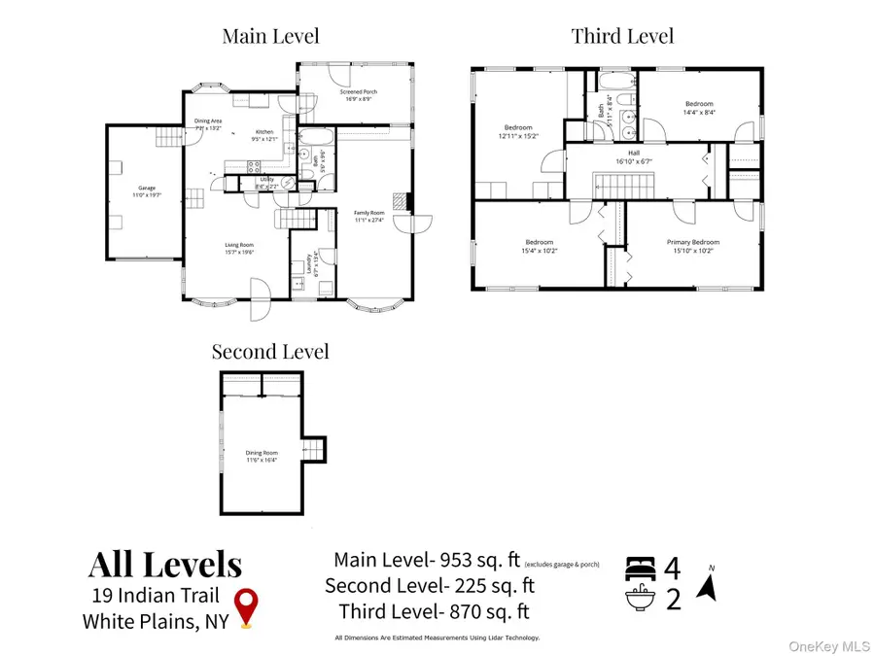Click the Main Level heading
pyautogui.click(x=270, y=37)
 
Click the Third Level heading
pyautogui.click(x=622, y=37)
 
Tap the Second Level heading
pyautogui.click(x=271, y=351)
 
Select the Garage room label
pyautogui.click(x=146, y=191)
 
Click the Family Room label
pyautogui.click(x=367, y=216)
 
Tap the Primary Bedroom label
pyautogui.click(x=692, y=245)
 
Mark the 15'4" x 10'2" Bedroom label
pyautogui.click(x=539, y=245)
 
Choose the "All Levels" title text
pyautogui.click(x=165, y=564)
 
